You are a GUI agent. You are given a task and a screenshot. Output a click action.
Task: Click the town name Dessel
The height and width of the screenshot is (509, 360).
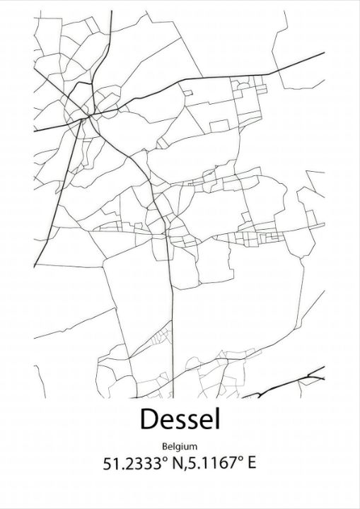(x=180, y=419)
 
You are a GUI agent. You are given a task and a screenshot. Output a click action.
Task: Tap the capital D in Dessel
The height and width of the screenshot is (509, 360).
(x=149, y=419)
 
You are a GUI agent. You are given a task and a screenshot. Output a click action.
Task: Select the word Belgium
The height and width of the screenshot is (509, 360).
(x=179, y=446)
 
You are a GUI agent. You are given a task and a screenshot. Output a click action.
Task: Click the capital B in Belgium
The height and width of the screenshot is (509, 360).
(x=165, y=446)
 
